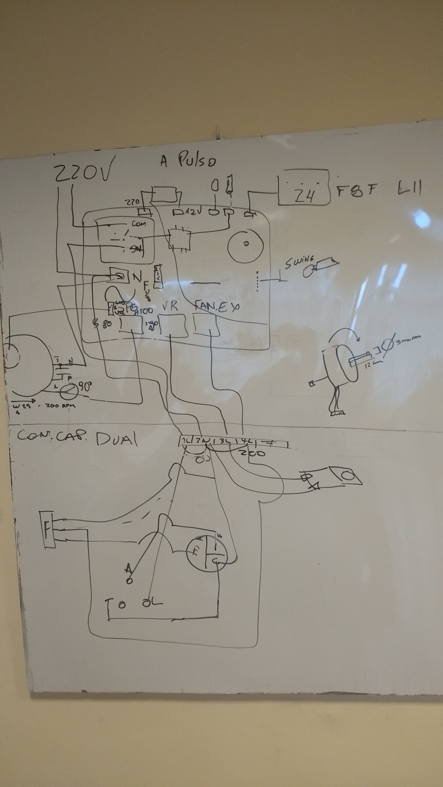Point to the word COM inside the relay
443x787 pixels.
coord(139,224)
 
